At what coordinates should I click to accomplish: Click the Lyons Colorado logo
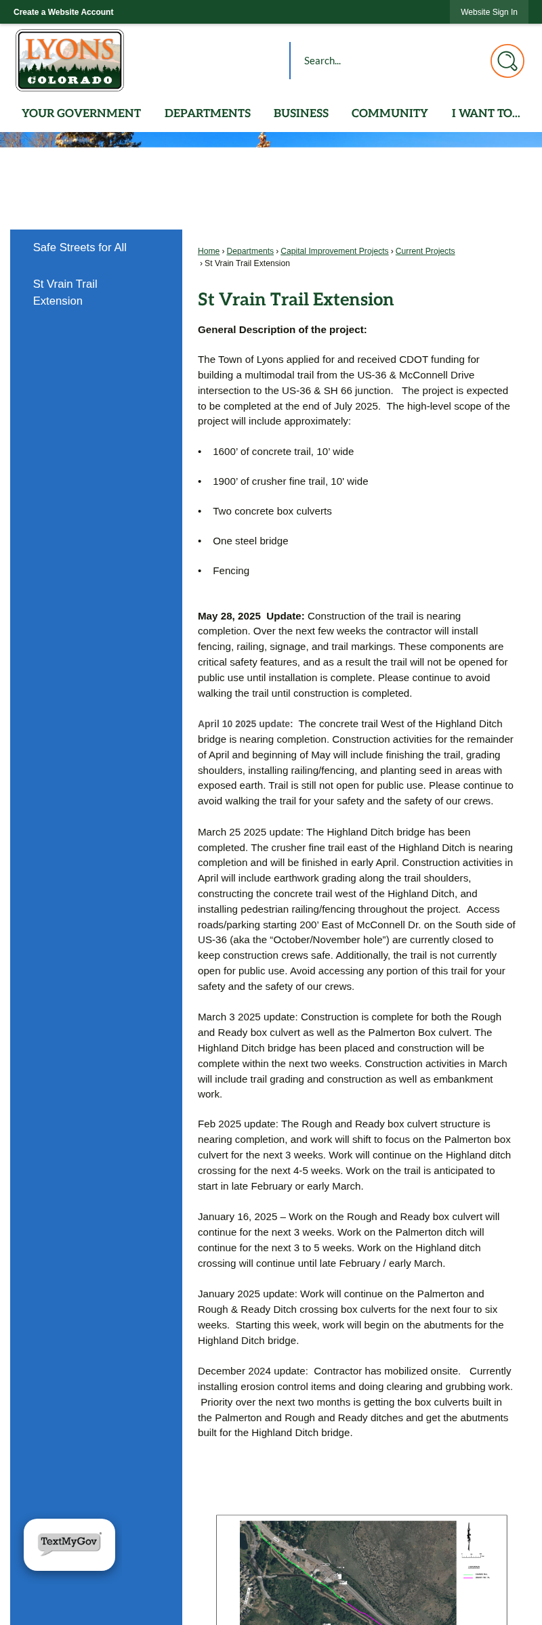coord(70,60)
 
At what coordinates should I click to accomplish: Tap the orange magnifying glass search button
coord(507,61)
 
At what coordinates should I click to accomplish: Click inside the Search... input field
coord(386,61)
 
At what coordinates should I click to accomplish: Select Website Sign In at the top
coord(488,12)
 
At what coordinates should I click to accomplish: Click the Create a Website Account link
coord(63,12)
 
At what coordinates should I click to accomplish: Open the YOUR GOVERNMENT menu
coord(81,113)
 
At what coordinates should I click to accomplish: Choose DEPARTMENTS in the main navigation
coord(207,113)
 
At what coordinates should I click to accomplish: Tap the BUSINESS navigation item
coord(301,113)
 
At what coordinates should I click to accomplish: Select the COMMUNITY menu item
coord(390,113)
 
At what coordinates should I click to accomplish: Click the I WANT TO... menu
coord(486,113)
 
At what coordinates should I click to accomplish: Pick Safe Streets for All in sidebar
coord(80,248)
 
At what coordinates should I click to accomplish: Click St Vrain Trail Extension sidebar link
coord(65,292)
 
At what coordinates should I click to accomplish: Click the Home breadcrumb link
coord(209,251)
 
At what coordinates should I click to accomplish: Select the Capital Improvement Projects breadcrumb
coord(335,251)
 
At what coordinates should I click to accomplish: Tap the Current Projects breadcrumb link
coord(425,251)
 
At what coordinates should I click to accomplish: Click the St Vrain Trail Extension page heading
coord(295,299)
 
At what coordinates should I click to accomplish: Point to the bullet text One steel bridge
coord(251,541)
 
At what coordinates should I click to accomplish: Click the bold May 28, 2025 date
coord(229,616)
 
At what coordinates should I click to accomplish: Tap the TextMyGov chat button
coord(69,1544)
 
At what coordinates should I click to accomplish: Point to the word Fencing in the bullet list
coord(231,571)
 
